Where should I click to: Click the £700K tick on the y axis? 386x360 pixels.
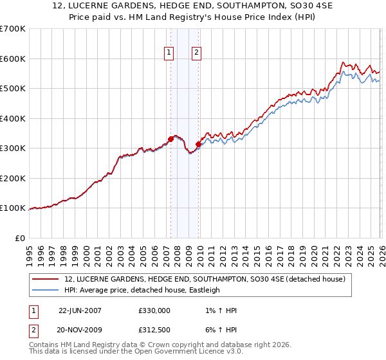point(13,29)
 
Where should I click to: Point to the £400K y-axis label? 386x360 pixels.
point(13,118)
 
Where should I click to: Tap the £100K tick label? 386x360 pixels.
point(13,208)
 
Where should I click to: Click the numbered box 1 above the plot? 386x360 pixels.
point(169,53)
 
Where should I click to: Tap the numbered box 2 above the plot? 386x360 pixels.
point(196,53)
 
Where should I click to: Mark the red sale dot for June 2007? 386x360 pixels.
point(170,139)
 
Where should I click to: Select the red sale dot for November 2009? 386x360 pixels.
point(198,145)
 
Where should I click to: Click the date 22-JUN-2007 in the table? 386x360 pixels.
point(80,310)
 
